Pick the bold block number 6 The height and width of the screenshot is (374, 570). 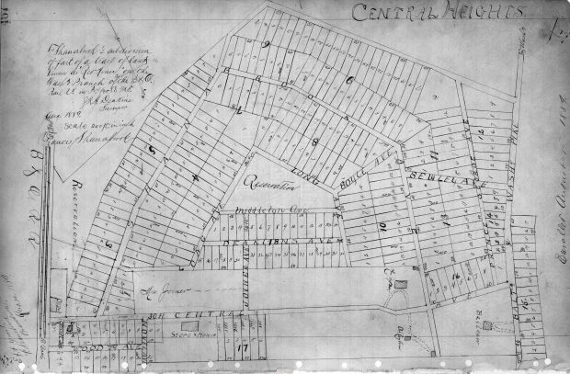[350, 82]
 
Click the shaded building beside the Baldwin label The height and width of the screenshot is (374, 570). [485, 325]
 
